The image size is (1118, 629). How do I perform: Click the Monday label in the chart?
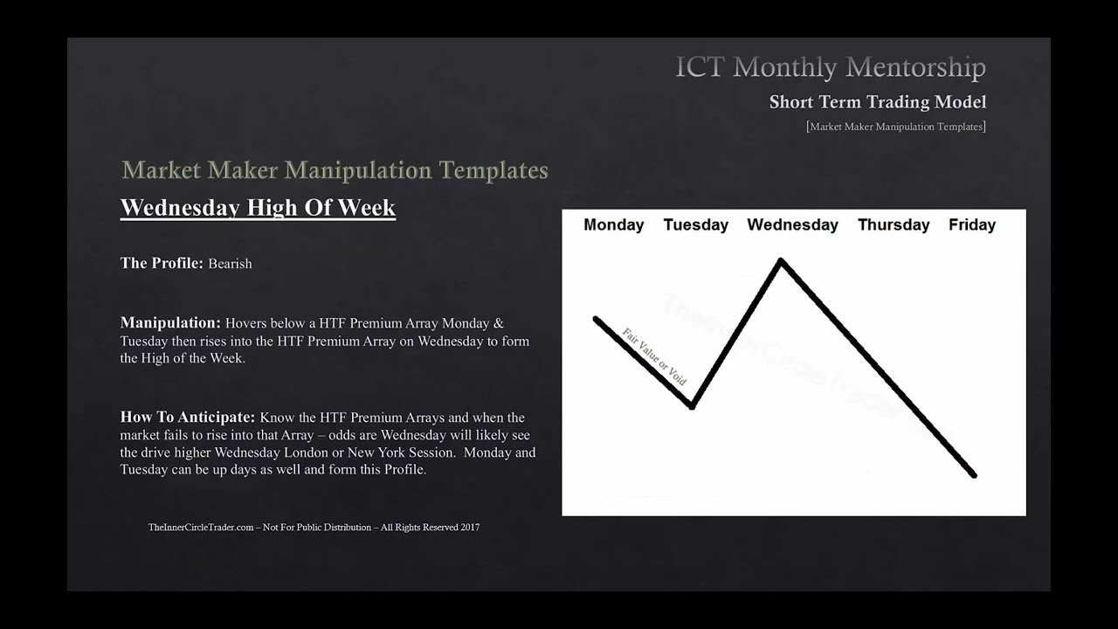coord(613,225)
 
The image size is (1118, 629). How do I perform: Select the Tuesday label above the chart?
coord(695,225)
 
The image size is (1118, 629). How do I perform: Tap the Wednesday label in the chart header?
coord(792,225)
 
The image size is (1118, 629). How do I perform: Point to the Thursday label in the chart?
coord(893,225)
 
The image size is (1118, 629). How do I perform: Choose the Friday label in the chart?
coord(971,225)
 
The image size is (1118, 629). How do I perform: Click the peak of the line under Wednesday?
coord(781,260)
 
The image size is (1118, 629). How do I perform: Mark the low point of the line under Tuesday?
coord(692,406)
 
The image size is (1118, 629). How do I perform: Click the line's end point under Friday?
coord(974,475)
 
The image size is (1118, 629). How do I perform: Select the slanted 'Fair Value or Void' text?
coord(654,356)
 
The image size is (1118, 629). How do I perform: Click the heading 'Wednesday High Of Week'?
coord(258,208)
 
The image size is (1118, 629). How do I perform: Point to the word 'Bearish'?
coord(230,264)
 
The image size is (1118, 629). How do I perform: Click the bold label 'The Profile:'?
coord(162,263)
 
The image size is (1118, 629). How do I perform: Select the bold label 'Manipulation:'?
coord(170,323)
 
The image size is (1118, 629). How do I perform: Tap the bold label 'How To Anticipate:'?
coord(188,418)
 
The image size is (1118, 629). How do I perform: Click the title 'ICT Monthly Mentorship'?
coord(830,67)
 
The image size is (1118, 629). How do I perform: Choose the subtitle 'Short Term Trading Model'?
coord(877,102)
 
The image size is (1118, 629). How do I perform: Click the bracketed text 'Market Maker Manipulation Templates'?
coord(895,127)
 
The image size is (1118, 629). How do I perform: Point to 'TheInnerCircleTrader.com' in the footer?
coord(201,528)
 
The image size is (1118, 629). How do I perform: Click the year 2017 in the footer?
coord(469,528)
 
